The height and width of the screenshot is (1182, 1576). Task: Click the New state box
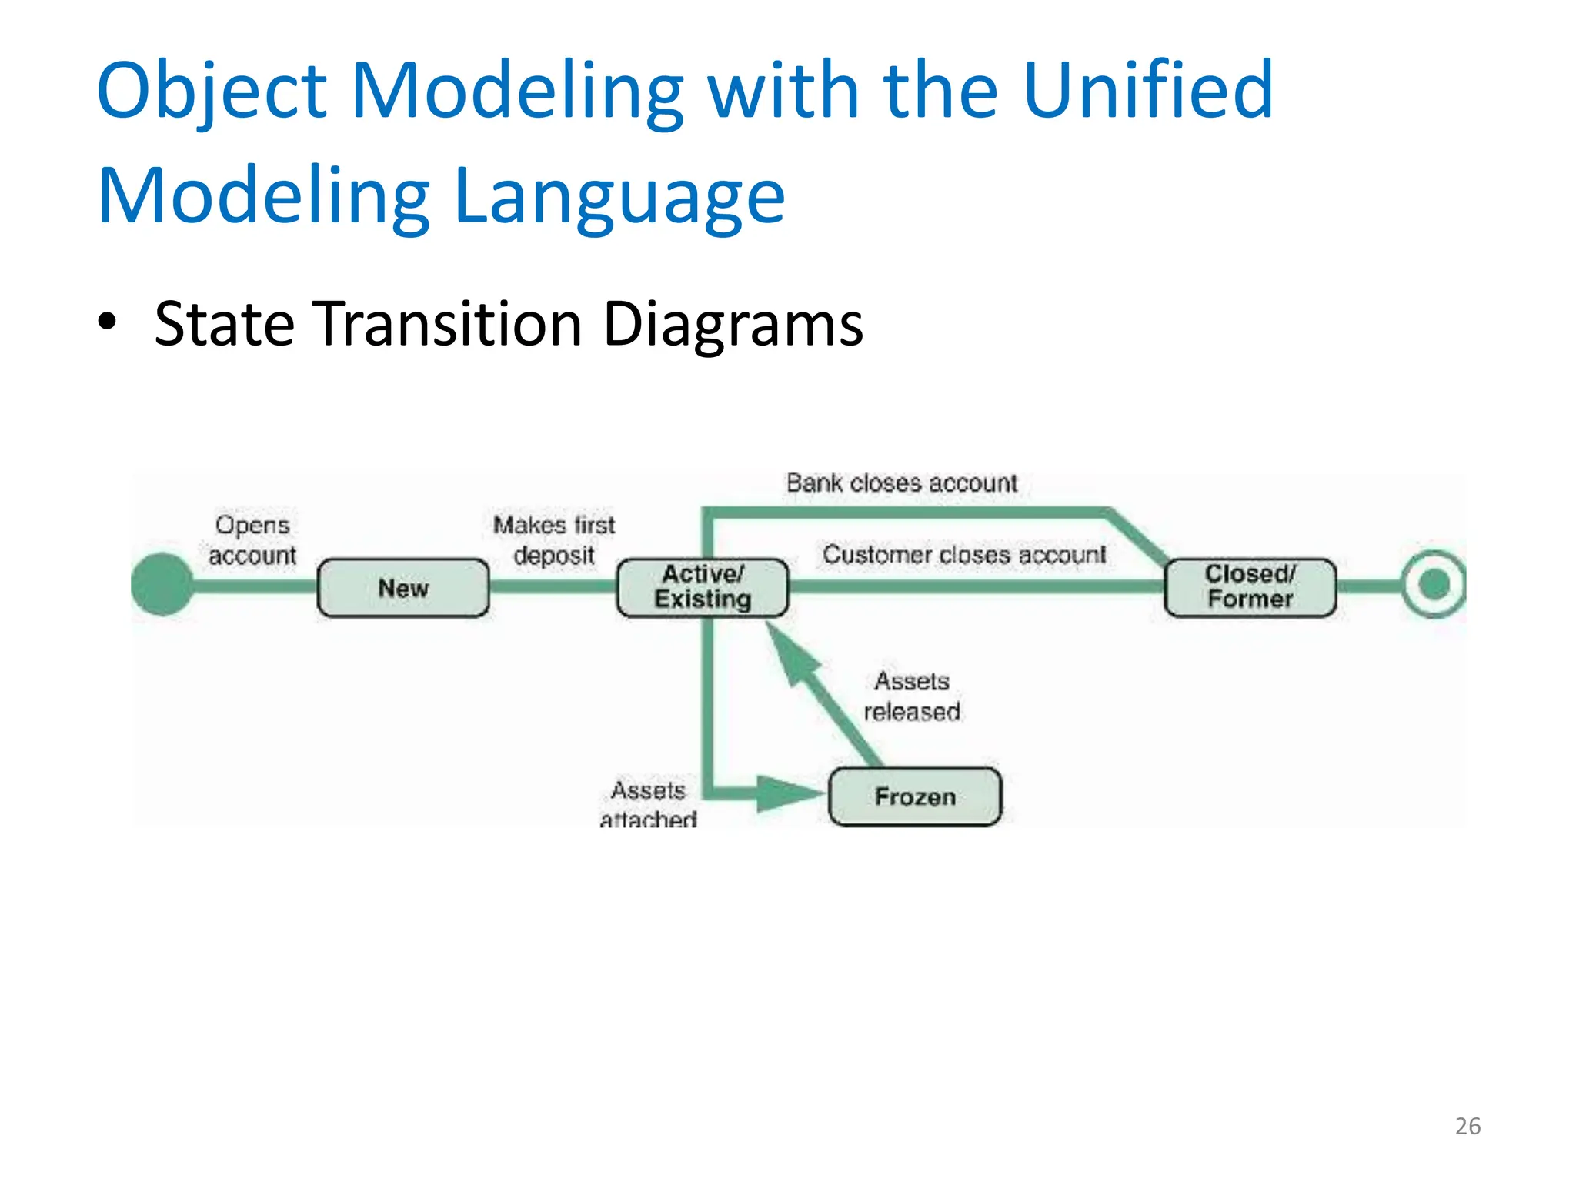point(403,588)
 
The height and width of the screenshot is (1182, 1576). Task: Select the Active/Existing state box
point(703,587)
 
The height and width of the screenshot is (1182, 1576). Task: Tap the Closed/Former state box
point(1250,587)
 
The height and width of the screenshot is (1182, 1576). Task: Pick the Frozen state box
point(915,796)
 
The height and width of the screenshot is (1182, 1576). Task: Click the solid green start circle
point(162,584)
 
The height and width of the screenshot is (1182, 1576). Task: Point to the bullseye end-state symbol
point(1434,584)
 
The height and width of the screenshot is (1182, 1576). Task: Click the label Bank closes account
point(901,483)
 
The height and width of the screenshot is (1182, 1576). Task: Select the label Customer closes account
point(963,554)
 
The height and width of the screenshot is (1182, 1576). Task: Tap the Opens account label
point(252,539)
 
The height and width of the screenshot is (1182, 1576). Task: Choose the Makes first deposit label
point(554,539)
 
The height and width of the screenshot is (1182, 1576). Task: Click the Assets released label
point(912,696)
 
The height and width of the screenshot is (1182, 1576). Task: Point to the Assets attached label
point(649,804)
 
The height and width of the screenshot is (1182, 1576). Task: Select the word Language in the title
point(619,195)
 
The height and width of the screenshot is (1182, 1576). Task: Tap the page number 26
point(1467,1126)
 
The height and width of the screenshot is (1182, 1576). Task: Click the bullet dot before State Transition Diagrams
point(108,322)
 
